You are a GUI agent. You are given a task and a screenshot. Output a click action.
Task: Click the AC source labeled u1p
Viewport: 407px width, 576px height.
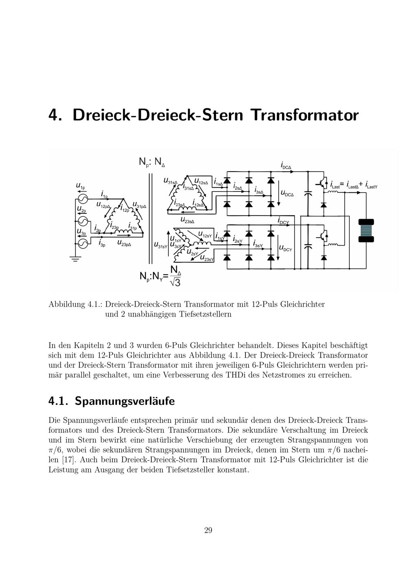83,198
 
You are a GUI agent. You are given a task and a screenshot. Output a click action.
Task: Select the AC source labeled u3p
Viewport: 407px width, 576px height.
83,243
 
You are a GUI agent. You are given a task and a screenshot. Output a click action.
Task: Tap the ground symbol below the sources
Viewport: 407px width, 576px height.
75,259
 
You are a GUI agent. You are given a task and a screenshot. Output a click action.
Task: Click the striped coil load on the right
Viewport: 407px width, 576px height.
366,231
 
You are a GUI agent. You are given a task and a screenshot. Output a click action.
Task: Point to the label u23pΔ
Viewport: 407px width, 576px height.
124,243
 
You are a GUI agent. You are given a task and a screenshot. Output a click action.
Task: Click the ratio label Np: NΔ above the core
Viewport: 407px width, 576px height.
152,162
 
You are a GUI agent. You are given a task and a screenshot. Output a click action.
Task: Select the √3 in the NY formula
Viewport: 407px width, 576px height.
175,281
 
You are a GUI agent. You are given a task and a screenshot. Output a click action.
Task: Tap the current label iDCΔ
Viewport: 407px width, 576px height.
286,166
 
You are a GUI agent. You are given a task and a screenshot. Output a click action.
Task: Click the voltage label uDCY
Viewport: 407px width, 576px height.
286,248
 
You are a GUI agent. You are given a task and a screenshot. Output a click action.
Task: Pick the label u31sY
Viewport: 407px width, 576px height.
161,245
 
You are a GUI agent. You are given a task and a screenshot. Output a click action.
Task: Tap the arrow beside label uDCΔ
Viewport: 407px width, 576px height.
279,193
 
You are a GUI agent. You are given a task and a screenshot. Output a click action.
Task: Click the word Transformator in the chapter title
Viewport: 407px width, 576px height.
304,115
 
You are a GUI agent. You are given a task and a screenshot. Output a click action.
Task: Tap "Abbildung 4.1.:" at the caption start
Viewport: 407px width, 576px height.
76,304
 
